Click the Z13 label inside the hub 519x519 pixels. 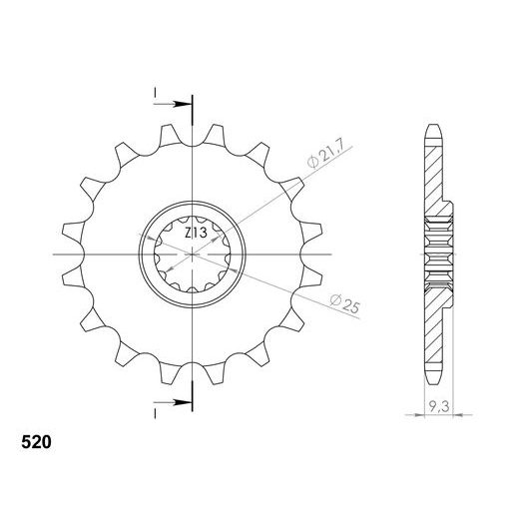195,233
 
